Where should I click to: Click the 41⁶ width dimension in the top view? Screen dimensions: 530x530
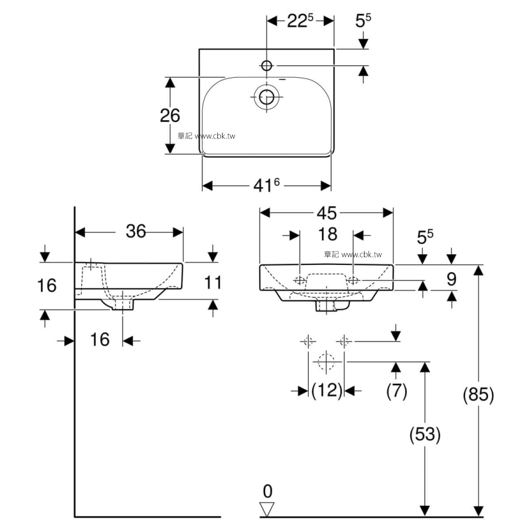click(267, 185)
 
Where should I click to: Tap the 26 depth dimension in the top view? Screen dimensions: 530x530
click(170, 115)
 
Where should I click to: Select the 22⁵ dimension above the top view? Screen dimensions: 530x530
click(300, 21)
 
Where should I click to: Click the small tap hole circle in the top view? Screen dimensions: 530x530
click(267, 65)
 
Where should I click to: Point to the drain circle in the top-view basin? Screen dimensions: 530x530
click(266, 97)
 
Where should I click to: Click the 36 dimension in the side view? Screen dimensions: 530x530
click(136, 231)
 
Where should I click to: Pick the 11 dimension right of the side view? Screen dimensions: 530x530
click(213, 283)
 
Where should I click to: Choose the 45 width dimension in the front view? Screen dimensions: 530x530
click(327, 213)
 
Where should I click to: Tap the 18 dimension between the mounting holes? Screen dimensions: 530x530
click(328, 234)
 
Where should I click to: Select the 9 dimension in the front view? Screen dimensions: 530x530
click(452, 279)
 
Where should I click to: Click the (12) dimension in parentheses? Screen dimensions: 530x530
click(327, 391)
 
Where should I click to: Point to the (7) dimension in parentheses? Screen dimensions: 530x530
click(397, 391)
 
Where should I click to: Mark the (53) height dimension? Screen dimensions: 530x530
click(425, 435)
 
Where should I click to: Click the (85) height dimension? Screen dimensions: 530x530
click(479, 395)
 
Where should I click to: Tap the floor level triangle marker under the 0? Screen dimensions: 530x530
click(267, 509)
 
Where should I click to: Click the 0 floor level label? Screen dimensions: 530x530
click(267, 491)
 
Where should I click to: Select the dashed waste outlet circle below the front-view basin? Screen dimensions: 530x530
click(326, 362)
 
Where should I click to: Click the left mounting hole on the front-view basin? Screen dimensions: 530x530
click(300, 280)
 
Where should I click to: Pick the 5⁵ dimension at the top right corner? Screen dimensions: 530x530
click(363, 21)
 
